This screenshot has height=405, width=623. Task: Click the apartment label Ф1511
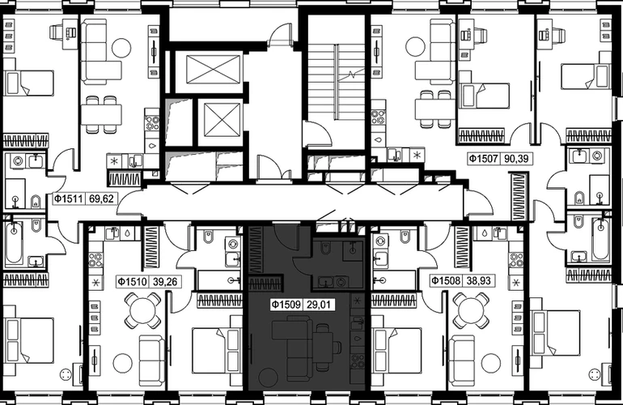click(x=69, y=198)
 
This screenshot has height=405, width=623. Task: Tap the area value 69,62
click(x=101, y=198)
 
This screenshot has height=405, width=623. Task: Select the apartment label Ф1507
click(x=484, y=158)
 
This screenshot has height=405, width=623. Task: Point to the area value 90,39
click(x=516, y=158)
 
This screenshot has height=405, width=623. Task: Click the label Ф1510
click(x=133, y=282)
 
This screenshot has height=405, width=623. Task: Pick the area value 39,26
click(x=165, y=282)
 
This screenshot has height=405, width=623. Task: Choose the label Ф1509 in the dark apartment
click(x=286, y=305)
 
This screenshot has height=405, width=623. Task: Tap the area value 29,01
click(x=319, y=305)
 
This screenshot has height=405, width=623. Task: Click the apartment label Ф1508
click(x=446, y=281)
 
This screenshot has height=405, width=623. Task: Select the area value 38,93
click(x=479, y=281)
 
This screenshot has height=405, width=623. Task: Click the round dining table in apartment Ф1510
click(x=142, y=311)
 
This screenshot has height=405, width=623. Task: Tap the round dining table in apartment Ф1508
click(x=471, y=311)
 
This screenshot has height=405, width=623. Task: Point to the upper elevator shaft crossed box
click(x=214, y=69)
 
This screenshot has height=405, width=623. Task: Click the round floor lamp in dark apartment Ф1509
click(x=267, y=377)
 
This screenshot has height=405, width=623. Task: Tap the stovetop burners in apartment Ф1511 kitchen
click(x=152, y=123)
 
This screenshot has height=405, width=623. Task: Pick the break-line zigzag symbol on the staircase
click(x=351, y=74)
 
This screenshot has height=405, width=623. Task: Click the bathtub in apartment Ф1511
click(x=14, y=244)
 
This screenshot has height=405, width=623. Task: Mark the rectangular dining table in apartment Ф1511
click(x=101, y=114)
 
